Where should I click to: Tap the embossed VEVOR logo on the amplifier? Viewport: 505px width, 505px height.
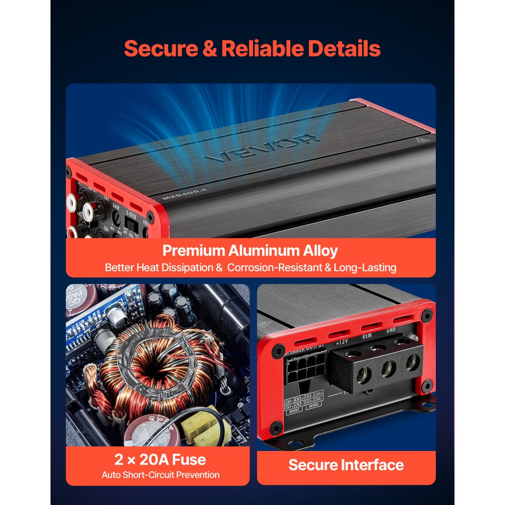(x=263, y=147)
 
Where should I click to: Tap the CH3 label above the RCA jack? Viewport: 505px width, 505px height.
(x=106, y=198)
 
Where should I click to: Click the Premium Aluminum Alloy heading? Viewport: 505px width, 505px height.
(x=250, y=250)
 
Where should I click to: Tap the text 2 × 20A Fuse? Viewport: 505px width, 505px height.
(x=160, y=460)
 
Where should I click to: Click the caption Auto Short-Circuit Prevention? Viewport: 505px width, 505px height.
(x=160, y=475)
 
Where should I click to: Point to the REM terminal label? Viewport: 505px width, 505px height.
(x=367, y=335)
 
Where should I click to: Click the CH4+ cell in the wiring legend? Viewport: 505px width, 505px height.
(x=318, y=394)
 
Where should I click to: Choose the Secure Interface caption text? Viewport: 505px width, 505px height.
(x=346, y=465)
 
